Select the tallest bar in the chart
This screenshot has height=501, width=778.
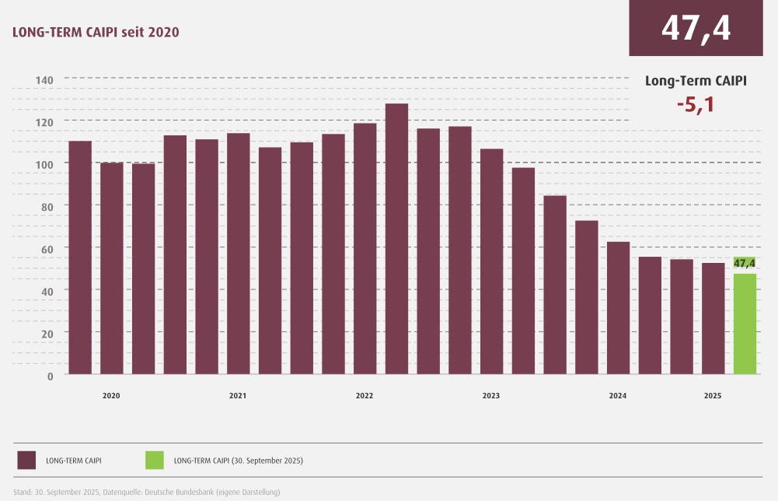pyautogui.click(x=396, y=238)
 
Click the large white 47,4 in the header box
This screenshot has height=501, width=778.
pyautogui.click(x=696, y=28)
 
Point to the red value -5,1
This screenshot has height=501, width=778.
pyautogui.click(x=695, y=104)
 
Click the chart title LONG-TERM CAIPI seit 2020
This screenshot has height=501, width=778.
pyautogui.click(x=96, y=32)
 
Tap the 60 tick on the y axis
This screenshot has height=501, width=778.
pyautogui.click(x=47, y=249)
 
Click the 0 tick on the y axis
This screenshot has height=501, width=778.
pyautogui.click(x=50, y=376)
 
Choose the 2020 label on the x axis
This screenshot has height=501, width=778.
pyautogui.click(x=111, y=396)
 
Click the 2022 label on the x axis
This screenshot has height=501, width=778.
pyautogui.click(x=365, y=396)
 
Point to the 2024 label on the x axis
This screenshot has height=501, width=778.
pyautogui.click(x=618, y=396)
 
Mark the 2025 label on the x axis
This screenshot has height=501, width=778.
pyautogui.click(x=713, y=396)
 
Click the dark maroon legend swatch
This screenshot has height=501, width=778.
pyautogui.click(x=27, y=460)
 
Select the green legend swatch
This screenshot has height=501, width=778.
pyautogui.click(x=155, y=460)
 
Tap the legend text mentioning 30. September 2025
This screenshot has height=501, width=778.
pyautogui.click(x=239, y=461)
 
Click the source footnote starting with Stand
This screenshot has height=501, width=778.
pyautogui.click(x=145, y=492)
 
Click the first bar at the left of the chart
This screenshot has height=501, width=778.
pyautogui.click(x=80, y=257)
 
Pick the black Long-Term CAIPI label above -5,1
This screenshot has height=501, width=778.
pyautogui.click(x=696, y=80)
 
